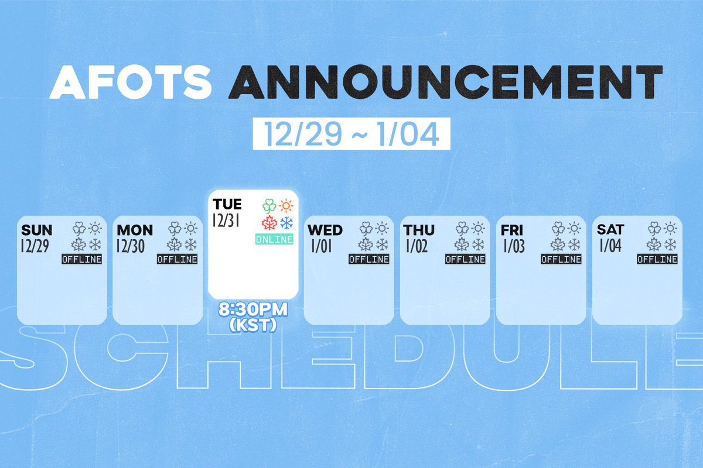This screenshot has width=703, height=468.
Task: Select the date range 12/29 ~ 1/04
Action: pyautogui.click(x=351, y=135)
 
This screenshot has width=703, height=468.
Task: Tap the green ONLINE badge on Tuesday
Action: pyautogui.click(x=274, y=239)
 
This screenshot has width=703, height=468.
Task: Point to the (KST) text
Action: pyautogui.click(x=254, y=325)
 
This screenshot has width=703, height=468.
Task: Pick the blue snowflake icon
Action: pyautogui.click(x=286, y=223)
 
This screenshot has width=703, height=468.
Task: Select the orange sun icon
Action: pyautogui.click(x=286, y=206)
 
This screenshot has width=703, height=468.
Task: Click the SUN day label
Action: pyautogui.click(x=36, y=229)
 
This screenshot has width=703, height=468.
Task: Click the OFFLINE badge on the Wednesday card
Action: pyautogui.click(x=369, y=259)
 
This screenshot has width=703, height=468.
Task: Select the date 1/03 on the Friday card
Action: pyautogui.click(x=514, y=245)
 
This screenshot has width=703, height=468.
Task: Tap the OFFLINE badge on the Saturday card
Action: pyautogui.click(x=657, y=259)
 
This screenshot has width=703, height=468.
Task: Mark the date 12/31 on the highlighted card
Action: pyautogui.click(x=227, y=221)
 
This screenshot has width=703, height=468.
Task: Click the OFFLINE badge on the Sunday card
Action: pyautogui.click(x=81, y=259)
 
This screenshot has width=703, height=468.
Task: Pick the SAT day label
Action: pyautogui.click(x=610, y=229)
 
